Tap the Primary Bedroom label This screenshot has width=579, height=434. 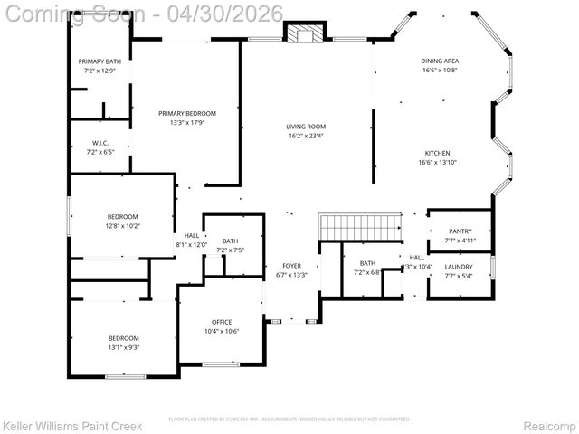pos(186,113)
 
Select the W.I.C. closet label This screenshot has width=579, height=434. pos(100,144)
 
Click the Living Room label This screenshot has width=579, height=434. pos(306,127)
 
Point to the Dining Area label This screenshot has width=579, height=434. pos(440,61)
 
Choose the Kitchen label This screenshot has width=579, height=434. pos(437,153)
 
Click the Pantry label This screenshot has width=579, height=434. pos(460,231)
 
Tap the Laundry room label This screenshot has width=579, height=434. pos(459,267)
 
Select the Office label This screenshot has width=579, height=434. pos(222,322)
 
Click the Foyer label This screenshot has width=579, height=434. pos(291,266)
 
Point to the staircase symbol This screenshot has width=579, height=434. pos(360,227)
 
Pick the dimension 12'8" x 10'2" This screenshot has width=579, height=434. pos(122,226)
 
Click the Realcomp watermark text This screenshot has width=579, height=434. pos(549,425)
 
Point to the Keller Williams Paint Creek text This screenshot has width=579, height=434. pos(72,425)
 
